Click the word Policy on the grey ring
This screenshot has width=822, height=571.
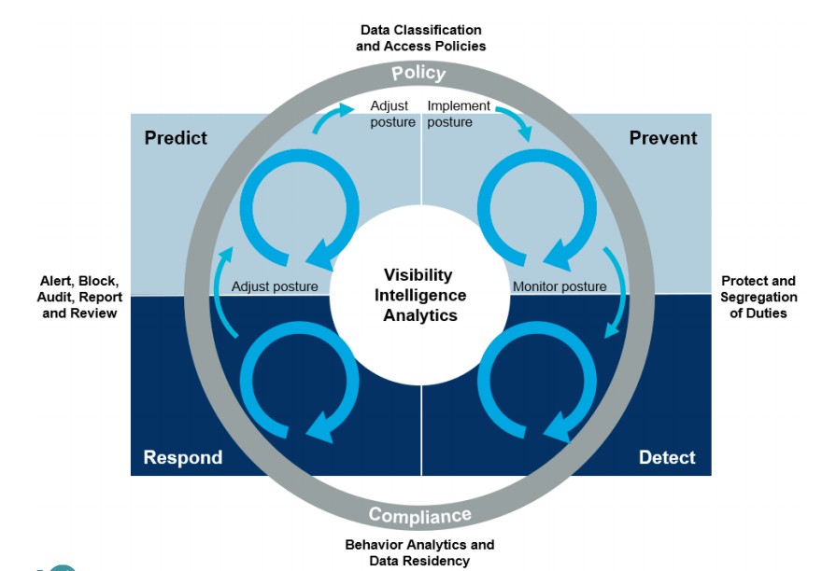tap(418, 74)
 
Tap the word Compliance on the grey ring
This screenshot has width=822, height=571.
tap(420, 515)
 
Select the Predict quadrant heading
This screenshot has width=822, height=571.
tap(176, 138)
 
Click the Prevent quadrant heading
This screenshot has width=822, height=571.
tap(663, 138)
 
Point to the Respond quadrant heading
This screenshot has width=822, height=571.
tap(183, 457)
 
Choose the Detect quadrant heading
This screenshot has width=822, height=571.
tap(667, 457)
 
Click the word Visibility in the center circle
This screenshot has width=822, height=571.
tap(418, 275)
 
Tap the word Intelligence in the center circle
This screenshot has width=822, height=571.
tap(420, 295)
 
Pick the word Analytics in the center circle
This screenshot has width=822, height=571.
tap(420, 315)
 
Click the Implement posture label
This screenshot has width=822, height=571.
tap(459, 114)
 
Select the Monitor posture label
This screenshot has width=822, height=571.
tap(560, 286)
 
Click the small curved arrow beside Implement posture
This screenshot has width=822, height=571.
tap(517, 120)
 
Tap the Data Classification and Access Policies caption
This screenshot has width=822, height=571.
tap(421, 38)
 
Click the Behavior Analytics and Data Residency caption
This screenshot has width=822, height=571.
tap(419, 552)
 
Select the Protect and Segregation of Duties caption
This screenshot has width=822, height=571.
tap(758, 297)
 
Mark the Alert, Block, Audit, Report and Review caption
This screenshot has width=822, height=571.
tap(79, 297)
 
